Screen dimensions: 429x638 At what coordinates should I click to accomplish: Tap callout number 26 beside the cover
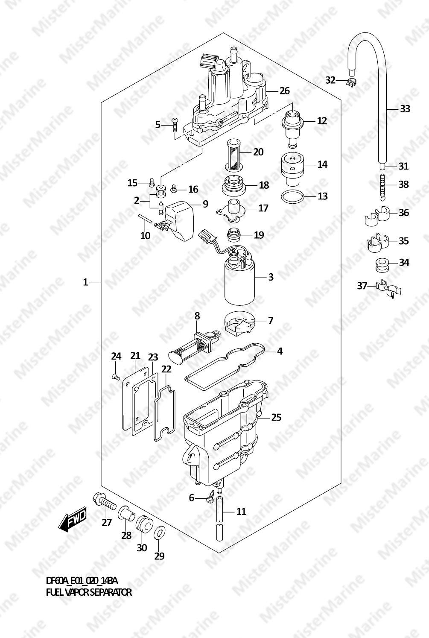click(284, 91)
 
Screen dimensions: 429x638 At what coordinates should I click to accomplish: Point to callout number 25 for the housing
click(276, 418)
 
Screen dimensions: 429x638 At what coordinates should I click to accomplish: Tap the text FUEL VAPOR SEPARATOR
click(89, 592)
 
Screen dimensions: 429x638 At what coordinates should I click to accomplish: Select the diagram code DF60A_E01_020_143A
click(82, 580)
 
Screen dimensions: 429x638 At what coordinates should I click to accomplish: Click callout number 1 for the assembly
click(85, 282)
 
